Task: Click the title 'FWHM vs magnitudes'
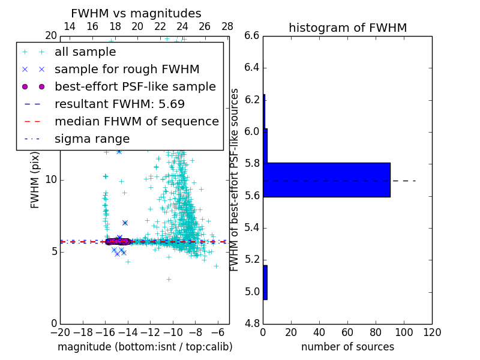(x=136, y=13)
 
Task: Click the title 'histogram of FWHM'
(x=347, y=28)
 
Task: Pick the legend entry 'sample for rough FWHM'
(x=127, y=70)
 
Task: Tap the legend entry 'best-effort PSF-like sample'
(x=135, y=87)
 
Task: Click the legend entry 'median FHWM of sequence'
(x=136, y=122)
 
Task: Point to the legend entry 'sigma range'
(x=92, y=139)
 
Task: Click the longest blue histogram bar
(x=327, y=179)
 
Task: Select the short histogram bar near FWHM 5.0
(x=265, y=283)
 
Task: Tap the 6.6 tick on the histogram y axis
(x=252, y=36)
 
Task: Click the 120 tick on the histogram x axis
(x=431, y=332)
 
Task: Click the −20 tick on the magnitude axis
(x=60, y=332)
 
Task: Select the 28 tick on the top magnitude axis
(x=227, y=26)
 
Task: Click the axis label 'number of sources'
(x=347, y=347)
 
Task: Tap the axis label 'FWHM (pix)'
(x=35, y=181)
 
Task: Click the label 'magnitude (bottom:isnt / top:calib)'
(x=145, y=347)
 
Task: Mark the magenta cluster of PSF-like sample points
(x=118, y=241)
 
